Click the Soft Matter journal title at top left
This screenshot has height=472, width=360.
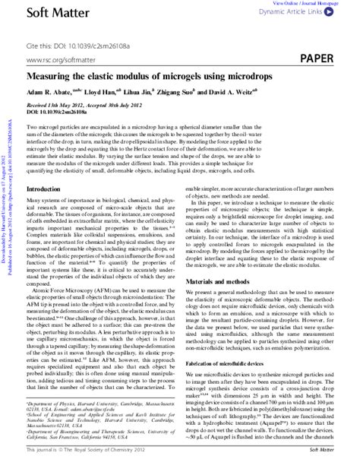tap(53, 14)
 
